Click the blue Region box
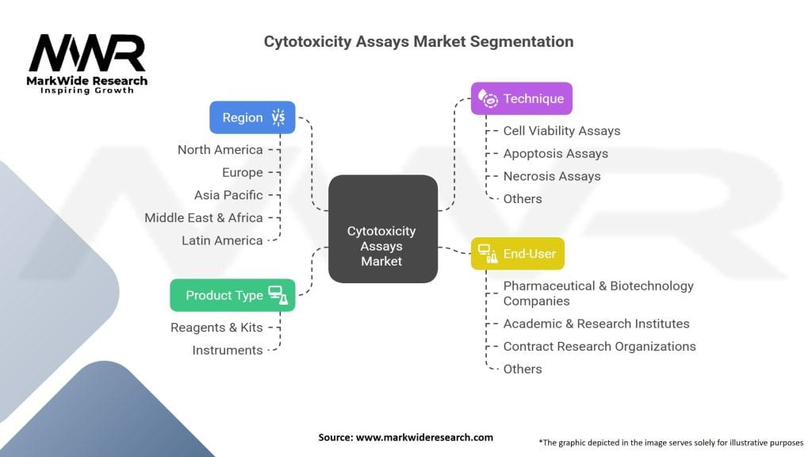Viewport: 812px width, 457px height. (252, 117)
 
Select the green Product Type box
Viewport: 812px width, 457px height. (232, 295)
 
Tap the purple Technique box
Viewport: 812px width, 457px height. (521, 98)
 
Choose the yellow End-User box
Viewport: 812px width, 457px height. (518, 254)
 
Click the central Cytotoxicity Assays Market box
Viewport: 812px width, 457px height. (382, 245)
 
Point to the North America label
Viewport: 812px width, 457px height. (220, 149)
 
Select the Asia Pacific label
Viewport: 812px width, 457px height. (228, 194)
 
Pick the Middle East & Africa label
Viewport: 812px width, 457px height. (203, 217)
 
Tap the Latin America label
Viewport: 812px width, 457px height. (222, 240)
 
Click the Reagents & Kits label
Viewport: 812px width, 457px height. (216, 327)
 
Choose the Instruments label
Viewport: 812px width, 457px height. (228, 350)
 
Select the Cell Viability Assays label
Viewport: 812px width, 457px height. (561, 130)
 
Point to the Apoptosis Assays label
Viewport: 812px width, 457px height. (555, 153)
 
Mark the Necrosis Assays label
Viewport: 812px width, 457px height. (552, 176)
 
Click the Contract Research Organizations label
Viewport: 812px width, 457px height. (599, 346)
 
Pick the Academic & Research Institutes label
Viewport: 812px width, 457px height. (596, 323)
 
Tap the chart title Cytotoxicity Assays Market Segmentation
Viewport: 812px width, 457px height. (419, 40)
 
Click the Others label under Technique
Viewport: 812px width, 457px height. (523, 199)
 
